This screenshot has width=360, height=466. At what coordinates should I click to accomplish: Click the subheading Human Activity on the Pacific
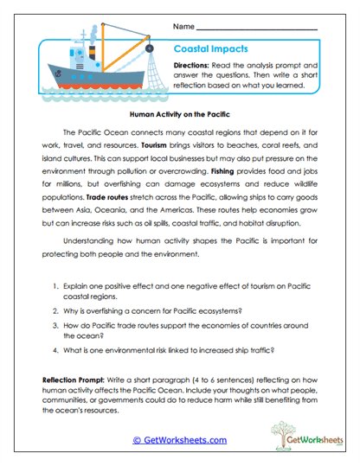tap(180, 113)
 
